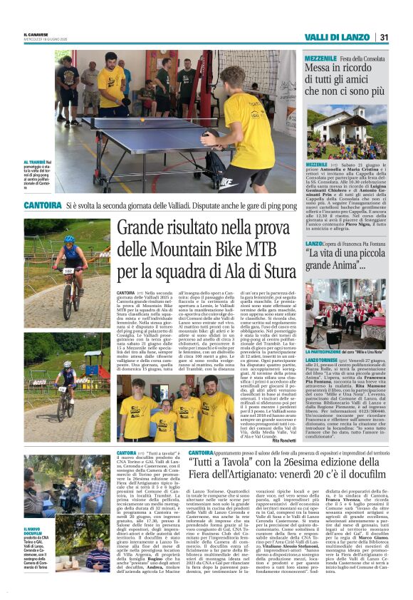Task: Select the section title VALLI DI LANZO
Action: click(338, 37)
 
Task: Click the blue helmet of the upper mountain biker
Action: click(69, 239)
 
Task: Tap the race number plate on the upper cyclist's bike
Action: click(69, 271)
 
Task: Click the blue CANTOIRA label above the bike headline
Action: click(42, 205)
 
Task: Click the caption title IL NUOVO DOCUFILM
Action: click(33, 529)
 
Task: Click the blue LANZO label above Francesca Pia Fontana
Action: click(314, 244)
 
